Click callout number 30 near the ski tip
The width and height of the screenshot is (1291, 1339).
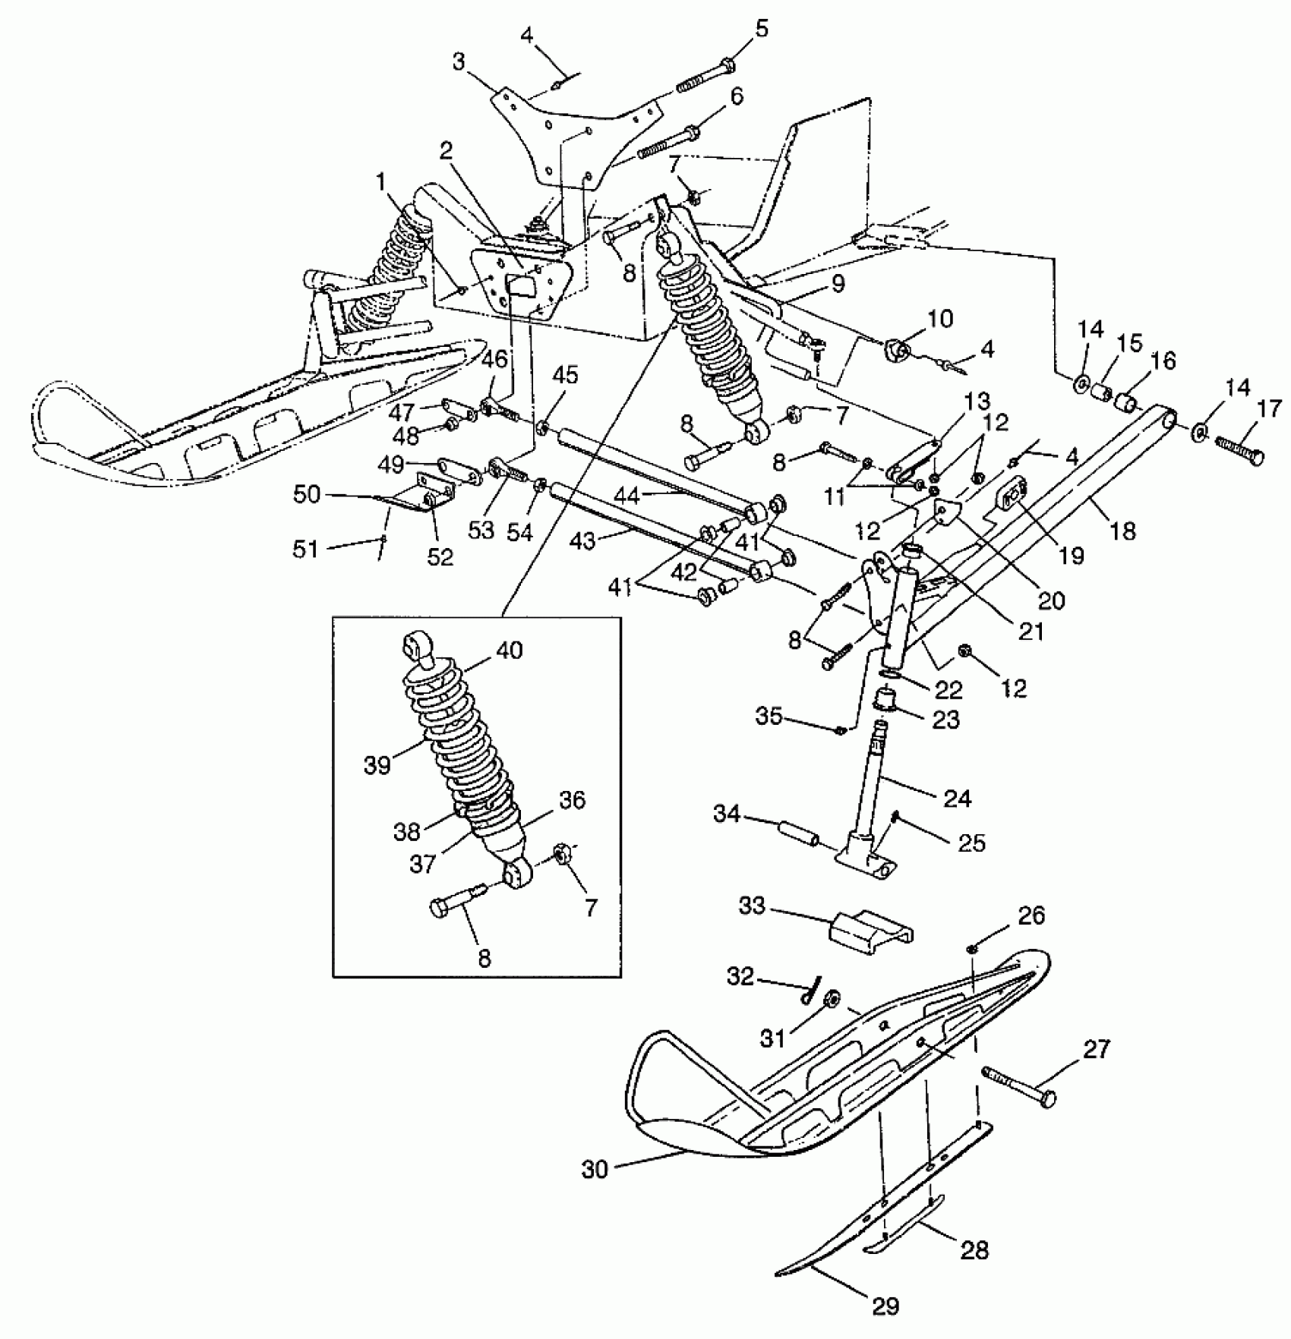pyautogui.click(x=595, y=1170)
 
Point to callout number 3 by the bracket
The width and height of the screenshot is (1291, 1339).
pyautogui.click(x=458, y=61)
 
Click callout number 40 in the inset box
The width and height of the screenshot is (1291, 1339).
pyautogui.click(x=510, y=651)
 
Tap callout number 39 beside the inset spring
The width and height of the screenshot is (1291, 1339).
pyautogui.click(x=377, y=765)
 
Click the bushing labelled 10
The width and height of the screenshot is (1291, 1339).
pyautogui.click(x=898, y=351)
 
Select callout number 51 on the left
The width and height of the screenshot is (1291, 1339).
pyautogui.click(x=306, y=548)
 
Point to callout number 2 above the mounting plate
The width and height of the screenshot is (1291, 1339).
pyautogui.click(x=446, y=150)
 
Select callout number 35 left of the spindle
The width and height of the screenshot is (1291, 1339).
pyautogui.click(x=768, y=716)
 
